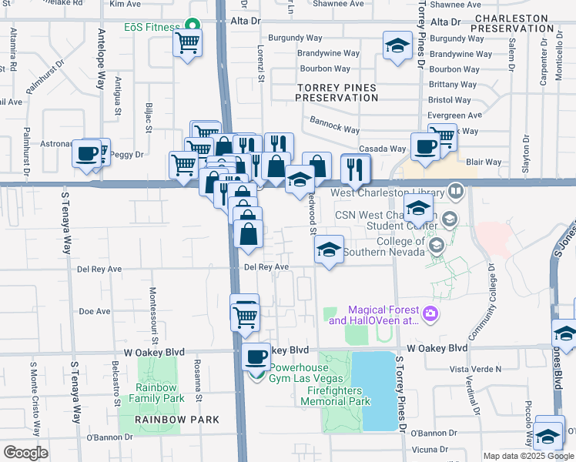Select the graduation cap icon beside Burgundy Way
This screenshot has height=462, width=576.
click(397, 46)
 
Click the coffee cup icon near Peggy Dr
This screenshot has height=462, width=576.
click(88, 152)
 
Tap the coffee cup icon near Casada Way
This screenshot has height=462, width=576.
click(424, 146)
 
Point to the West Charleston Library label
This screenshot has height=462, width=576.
click(387, 193)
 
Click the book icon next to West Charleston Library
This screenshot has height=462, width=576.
click(456, 191)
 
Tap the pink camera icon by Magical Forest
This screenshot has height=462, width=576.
click(430, 313)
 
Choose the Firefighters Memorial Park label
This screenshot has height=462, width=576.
click(335, 396)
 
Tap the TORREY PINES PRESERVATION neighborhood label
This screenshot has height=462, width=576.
click(337, 92)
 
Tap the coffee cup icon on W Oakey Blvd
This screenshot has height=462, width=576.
click(256, 356)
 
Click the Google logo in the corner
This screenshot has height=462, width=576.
click(26, 452)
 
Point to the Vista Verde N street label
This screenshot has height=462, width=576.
click(476, 369)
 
